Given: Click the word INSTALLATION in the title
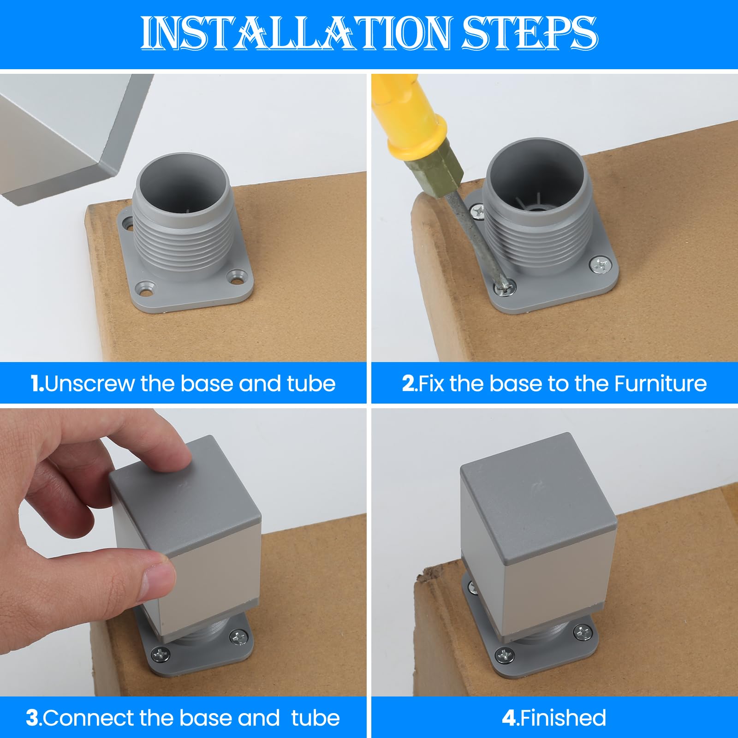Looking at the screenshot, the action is (x=296, y=33).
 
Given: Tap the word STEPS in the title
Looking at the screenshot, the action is (x=530, y=33).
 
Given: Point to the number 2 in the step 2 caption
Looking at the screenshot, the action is (x=408, y=383).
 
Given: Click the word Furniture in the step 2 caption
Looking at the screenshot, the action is (x=660, y=383).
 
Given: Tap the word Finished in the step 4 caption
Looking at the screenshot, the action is (x=563, y=718).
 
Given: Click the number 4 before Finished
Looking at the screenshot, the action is (x=509, y=718).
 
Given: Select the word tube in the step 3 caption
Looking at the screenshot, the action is (x=315, y=718).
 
